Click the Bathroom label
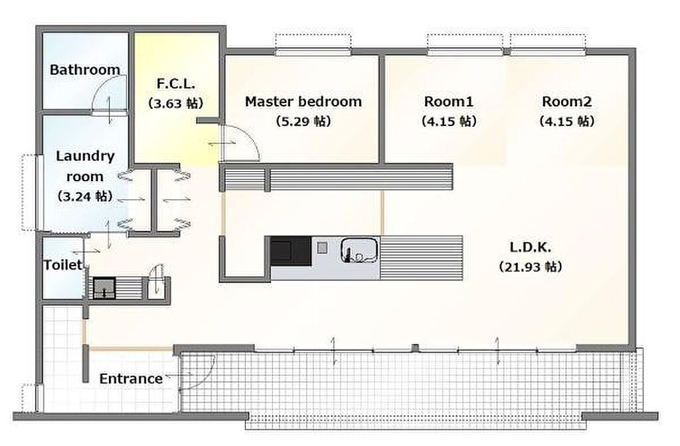(85, 69)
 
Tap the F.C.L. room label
(175, 83)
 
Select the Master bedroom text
(303, 102)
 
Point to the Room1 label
(448, 102)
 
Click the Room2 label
(567, 102)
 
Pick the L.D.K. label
(531, 248)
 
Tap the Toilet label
(63, 264)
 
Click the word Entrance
(131, 378)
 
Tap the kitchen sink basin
(359, 250)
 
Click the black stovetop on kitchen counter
(291, 251)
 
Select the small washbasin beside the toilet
(104, 288)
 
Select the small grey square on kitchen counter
(322, 248)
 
